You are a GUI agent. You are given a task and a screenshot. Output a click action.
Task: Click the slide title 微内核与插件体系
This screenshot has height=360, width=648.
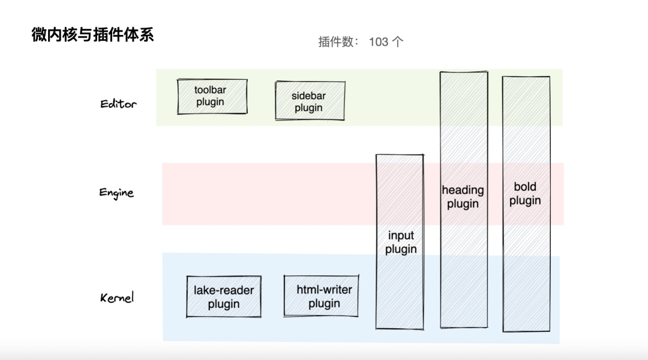92,35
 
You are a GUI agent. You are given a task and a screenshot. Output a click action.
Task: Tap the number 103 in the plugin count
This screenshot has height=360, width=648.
379,41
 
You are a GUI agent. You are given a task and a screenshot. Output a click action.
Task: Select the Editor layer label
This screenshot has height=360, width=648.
118,104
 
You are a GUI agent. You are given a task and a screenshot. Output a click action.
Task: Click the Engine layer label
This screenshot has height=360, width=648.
116,193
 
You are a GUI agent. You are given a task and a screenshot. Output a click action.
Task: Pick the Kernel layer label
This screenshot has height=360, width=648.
117,298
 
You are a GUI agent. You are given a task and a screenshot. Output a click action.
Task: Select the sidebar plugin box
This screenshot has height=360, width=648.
310,101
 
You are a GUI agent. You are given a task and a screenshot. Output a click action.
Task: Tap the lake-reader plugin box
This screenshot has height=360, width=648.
223,297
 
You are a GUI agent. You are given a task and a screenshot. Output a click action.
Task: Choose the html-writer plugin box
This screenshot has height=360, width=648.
321,296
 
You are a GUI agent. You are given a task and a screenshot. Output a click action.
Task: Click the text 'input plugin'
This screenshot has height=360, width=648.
401,242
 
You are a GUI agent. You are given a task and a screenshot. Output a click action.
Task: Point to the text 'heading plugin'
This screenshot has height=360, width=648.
463,197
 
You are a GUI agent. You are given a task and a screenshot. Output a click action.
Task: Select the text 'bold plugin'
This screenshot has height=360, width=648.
525,194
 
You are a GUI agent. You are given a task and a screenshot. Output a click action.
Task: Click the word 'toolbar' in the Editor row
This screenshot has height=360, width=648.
210,90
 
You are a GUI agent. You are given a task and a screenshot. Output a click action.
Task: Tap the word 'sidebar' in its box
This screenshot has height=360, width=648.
308,96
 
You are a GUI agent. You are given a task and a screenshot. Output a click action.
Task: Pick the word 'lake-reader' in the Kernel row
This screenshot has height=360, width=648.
223,290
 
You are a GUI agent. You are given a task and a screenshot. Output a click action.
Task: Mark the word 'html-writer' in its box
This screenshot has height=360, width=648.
324,290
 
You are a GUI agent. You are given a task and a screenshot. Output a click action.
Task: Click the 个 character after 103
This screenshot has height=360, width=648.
397,41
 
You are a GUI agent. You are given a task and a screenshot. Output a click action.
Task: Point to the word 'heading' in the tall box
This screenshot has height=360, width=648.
463,190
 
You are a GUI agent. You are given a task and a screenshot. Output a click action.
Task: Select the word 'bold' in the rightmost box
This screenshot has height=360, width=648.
525,187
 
